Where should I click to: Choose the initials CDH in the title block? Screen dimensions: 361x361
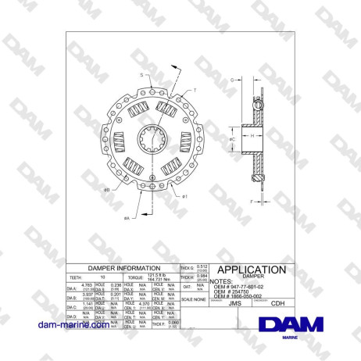click(x=277, y=306)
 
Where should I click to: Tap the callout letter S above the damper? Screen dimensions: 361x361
click(x=141, y=74)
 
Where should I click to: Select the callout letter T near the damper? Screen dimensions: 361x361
click(x=195, y=91)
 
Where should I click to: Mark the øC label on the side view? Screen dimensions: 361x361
click(x=232, y=139)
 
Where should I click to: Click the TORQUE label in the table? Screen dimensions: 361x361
click(x=134, y=277)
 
